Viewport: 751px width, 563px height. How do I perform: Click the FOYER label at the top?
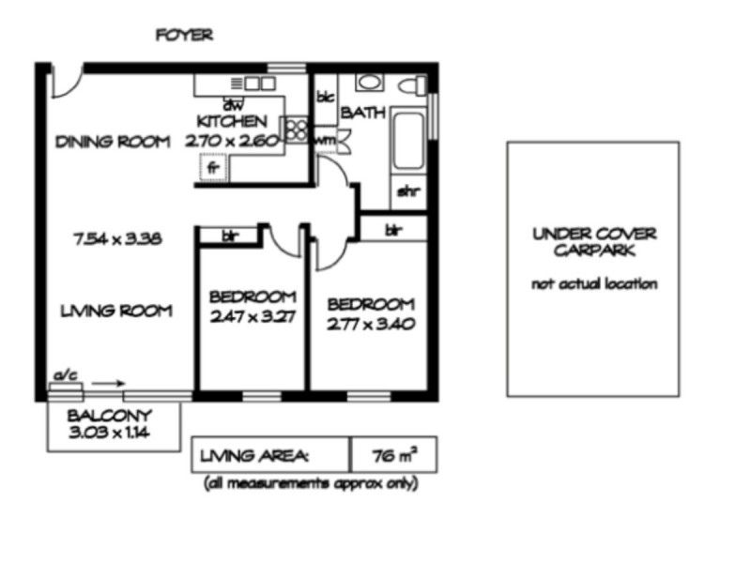point(184,36)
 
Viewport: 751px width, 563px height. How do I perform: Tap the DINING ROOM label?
point(113,142)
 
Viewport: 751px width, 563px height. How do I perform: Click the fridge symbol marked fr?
point(212,170)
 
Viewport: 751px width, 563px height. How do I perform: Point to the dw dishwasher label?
point(228,104)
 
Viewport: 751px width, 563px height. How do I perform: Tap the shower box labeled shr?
point(406,193)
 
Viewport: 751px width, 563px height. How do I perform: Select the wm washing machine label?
point(326,141)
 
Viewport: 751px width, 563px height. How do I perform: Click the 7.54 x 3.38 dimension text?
point(119,238)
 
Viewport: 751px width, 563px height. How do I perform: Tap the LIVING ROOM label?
point(114,311)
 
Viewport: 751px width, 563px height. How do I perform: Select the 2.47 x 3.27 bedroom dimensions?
point(253,316)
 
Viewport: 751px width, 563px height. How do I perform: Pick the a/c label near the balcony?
point(65,375)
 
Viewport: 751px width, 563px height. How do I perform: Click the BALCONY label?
point(110,416)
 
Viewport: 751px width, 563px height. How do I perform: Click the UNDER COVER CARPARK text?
point(593,243)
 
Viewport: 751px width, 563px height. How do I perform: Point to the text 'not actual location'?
point(593,283)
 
